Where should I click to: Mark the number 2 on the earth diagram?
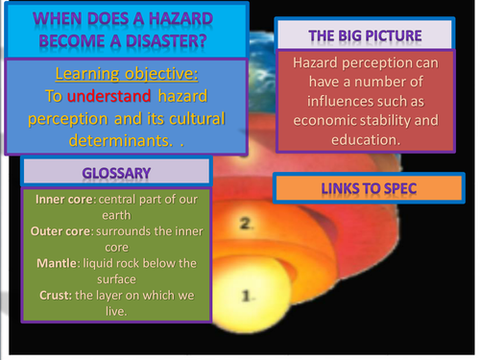click(x=246, y=224)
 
